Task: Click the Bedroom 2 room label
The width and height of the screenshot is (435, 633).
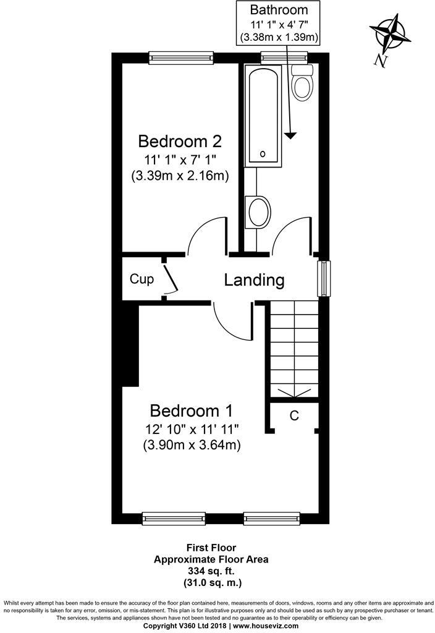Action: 180,142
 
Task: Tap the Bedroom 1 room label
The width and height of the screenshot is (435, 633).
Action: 192,410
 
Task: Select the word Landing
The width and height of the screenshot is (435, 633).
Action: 254,280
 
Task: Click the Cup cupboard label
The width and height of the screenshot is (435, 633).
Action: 141,279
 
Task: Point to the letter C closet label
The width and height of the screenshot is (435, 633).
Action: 294,415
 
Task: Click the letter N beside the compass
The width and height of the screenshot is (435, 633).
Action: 381,61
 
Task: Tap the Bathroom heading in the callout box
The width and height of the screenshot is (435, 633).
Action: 279,10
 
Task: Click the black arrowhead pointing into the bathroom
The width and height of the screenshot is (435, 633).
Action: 290,136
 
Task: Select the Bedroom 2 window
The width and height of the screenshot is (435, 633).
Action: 181,57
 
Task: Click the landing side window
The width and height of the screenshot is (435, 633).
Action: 324,279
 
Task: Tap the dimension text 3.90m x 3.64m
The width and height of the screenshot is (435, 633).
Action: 192,445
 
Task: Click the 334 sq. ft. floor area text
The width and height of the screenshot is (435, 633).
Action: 211,571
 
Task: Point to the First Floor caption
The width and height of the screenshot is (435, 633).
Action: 211,548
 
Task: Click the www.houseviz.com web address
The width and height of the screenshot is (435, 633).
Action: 266,626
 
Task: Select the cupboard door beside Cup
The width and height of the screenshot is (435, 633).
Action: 171,278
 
